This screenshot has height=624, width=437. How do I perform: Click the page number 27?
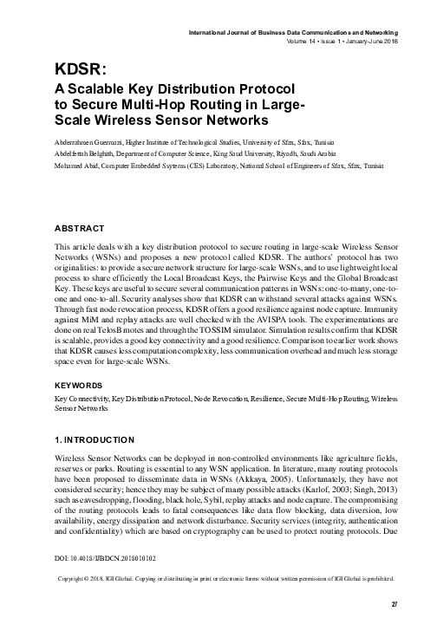(394, 604)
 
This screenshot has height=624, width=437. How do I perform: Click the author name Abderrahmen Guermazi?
(89, 141)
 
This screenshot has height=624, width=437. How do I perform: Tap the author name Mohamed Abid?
(75, 164)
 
